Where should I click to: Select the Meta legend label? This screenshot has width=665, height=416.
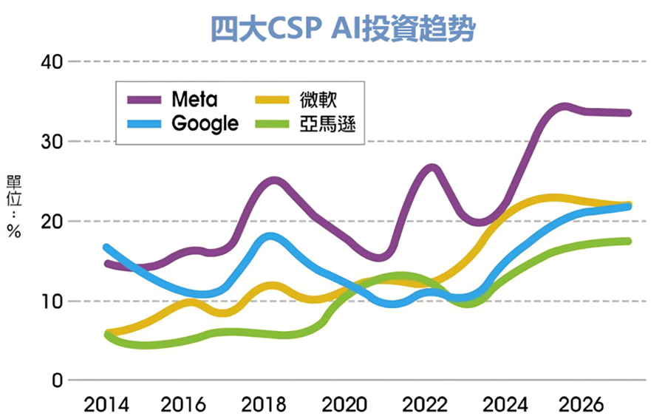(x=194, y=98)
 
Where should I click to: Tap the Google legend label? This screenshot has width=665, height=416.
(x=205, y=123)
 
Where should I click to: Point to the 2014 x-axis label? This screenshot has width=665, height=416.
(x=106, y=405)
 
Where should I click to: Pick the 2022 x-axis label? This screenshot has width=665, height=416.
(x=426, y=405)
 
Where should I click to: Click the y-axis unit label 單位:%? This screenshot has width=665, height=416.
(x=13, y=207)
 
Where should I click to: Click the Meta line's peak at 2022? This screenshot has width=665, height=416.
(x=432, y=168)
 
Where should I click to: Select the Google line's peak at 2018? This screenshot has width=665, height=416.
(x=271, y=237)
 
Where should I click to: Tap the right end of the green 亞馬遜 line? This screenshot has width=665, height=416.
(x=627, y=241)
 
